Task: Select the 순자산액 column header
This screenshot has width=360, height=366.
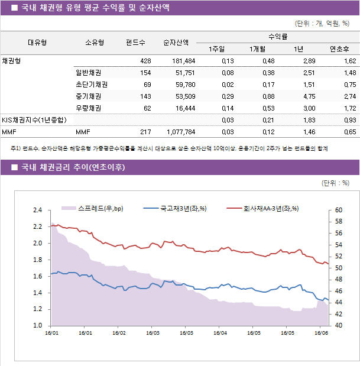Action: tap(176, 43)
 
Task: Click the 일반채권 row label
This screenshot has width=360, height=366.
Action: tap(87, 73)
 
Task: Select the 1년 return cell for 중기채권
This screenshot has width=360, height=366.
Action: tap(308, 96)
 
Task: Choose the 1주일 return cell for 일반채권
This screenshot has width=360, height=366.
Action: tap(227, 73)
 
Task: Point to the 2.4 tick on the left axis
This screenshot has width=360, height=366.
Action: tap(37, 210)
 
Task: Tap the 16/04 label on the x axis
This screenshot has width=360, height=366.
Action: tap(220, 332)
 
